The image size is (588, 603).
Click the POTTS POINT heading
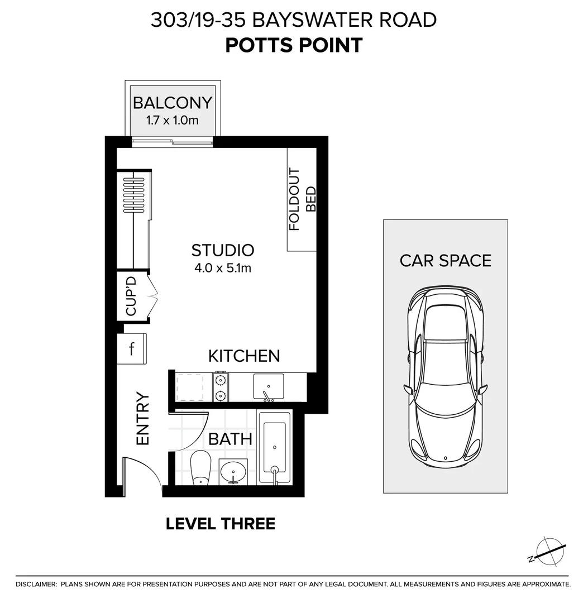pyautogui.click(x=294, y=45)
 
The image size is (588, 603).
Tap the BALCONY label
pyautogui.click(x=172, y=103)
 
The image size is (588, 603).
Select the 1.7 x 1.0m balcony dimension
pyautogui.click(x=172, y=119)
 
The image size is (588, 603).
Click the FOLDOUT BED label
pyautogui.click(x=302, y=199)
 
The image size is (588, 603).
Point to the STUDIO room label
pyautogui.click(x=222, y=250)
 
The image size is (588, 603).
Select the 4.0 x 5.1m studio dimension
pyautogui.click(x=222, y=268)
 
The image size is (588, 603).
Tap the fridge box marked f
pyautogui.click(x=132, y=350)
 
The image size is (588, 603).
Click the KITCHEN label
pyautogui.click(x=243, y=356)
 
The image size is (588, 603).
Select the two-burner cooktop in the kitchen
pyautogui.click(x=221, y=387)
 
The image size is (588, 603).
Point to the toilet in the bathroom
pyautogui.click(x=200, y=468)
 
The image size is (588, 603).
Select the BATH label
pyautogui.click(x=230, y=439)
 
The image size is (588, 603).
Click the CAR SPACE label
pyautogui.click(x=445, y=260)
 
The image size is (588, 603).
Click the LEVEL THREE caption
pyautogui.click(x=221, y=524)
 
